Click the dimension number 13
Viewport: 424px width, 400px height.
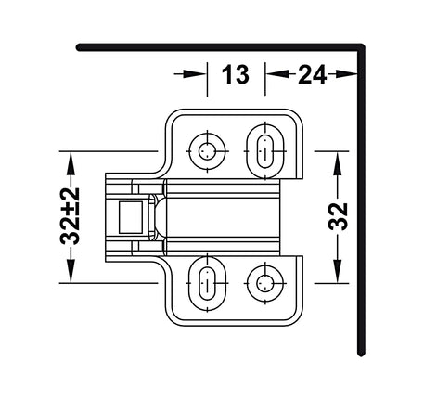[x=236, y=75]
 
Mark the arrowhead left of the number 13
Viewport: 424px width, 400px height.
[x=197, y=75]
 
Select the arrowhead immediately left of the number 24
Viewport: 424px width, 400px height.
[x=274, y=75]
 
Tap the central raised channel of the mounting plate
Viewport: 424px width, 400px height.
[x=223, y=215]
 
